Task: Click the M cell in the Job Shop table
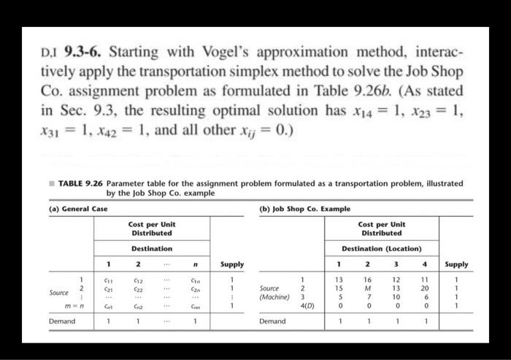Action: coord(369,288)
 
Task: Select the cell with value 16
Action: coord(369,278)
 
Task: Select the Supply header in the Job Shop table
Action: coord(456,264)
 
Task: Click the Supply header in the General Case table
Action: coord(232,264)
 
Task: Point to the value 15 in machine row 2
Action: coord(338,288)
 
